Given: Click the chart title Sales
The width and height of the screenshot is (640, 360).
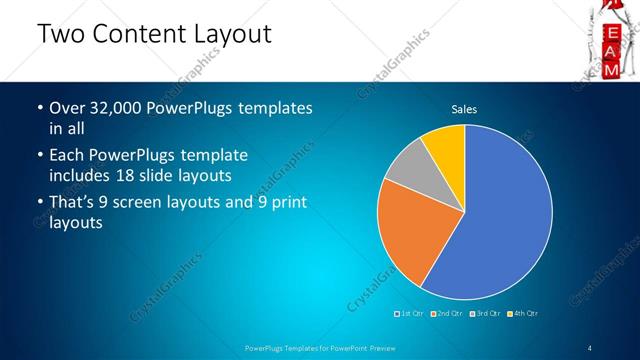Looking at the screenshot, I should pyautogui.click(x=464, y=108).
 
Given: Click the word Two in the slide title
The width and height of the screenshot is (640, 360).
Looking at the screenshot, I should pyautogui.click(x=59, y=34).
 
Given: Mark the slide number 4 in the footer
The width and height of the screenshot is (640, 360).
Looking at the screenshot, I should pyautogui.click(x=590, y=347).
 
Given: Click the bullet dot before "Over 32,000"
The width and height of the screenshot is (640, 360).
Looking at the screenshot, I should pyautogui.click(x=40, y=108).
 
